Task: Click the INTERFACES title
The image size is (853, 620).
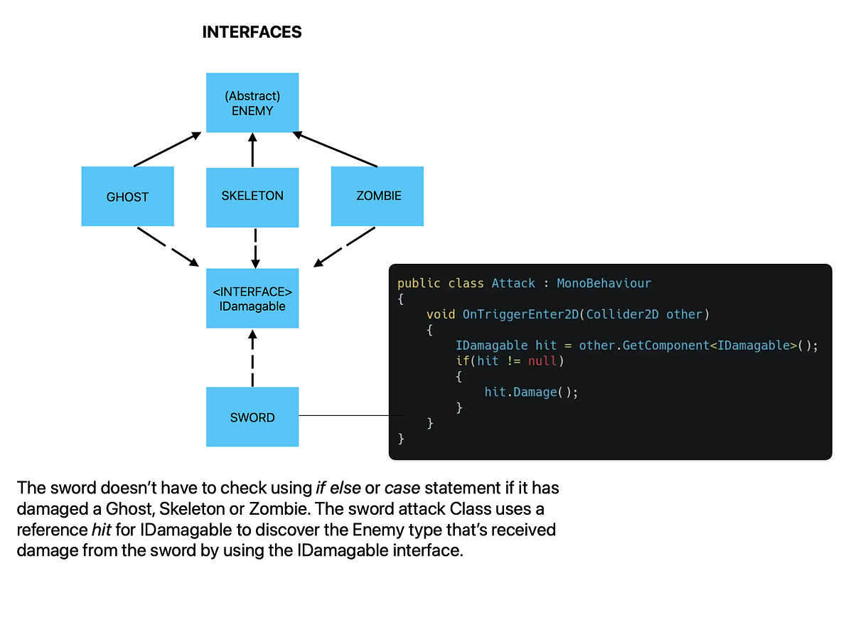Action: (252, 32)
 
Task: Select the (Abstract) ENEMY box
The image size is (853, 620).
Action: (252, 103)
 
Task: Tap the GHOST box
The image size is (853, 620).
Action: (127, 197)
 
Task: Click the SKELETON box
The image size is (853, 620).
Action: (252, 196)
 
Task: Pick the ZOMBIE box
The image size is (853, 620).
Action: (378, 196)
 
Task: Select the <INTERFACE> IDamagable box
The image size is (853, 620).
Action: (252, 299)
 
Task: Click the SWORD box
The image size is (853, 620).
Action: (252, 417)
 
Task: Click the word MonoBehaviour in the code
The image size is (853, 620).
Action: (603, 283)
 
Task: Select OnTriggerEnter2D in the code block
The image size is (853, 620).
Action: (520, 314)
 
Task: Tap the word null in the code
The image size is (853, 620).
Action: (543, 361)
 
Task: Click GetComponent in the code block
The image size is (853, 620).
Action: (662, 346)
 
